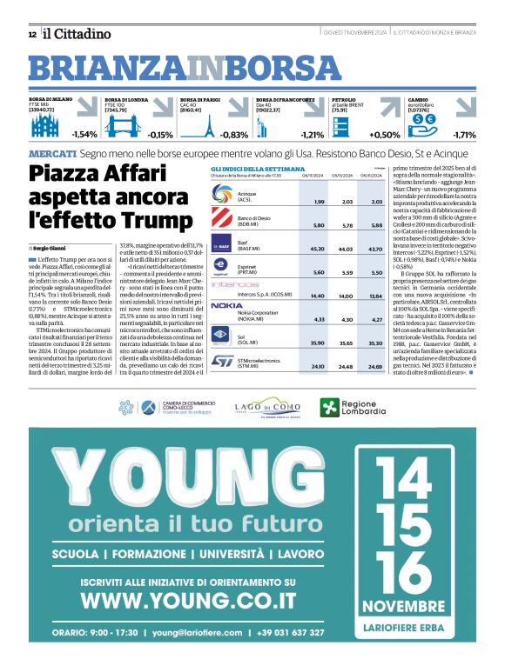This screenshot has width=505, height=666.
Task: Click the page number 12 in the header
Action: click(31, 34)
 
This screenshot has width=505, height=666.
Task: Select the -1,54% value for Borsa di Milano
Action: click(84, 135)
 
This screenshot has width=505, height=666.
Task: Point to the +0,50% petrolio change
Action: click(384, 135)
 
